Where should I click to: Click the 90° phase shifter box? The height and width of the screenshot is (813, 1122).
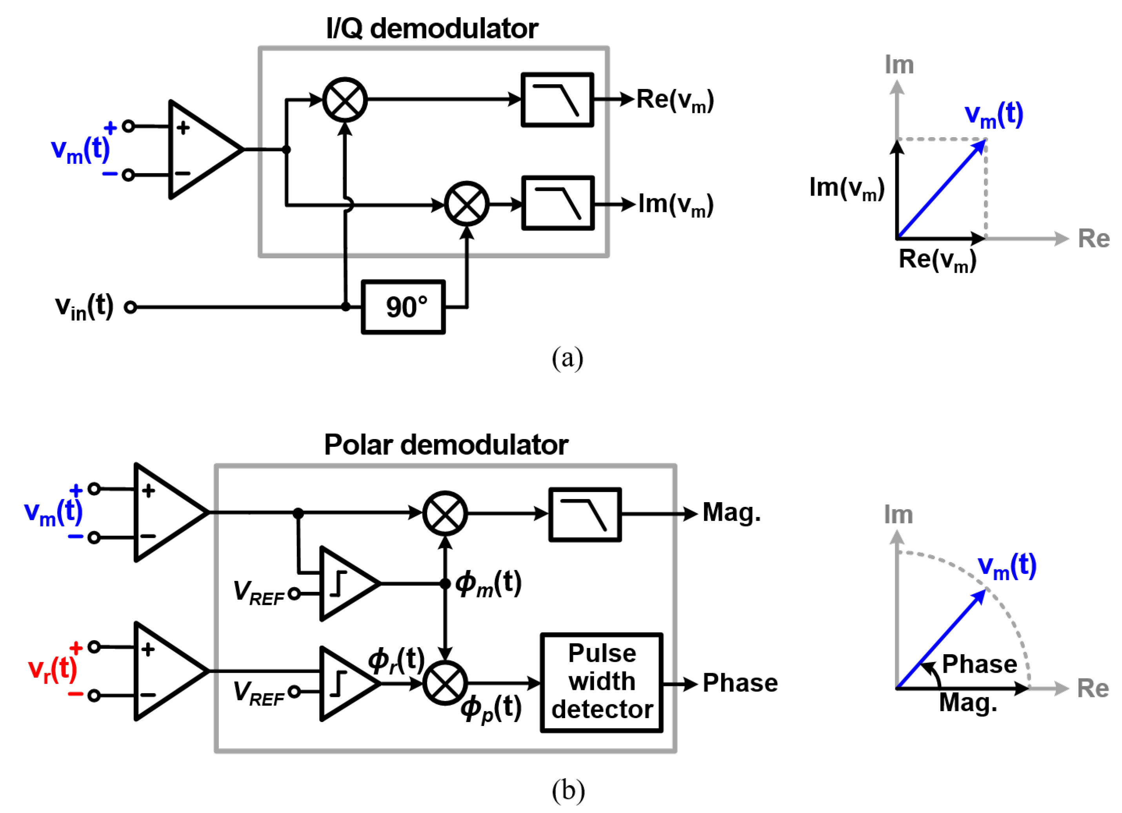coord(403,307)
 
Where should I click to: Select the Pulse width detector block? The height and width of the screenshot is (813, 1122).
coord(602,682)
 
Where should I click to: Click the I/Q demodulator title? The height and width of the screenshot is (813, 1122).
coord(432,29)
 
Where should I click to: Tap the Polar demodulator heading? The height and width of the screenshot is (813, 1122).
coord(446,445)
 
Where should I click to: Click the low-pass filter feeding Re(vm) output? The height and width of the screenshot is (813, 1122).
coord(557,100)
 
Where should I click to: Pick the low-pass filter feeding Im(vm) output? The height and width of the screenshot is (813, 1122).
coord(558,203)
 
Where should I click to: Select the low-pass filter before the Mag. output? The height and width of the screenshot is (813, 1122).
coord(585,515)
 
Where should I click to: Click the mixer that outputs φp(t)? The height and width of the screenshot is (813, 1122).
coord(445,683)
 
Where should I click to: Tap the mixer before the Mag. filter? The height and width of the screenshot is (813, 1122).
coord(445,513)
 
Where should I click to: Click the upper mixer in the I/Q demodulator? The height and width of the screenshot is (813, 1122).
coord(345,100)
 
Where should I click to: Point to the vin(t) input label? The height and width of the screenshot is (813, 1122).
coord(84,307)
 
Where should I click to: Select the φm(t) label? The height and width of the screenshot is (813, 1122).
coord(488,584)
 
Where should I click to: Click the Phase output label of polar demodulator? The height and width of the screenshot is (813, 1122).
coord(740,683)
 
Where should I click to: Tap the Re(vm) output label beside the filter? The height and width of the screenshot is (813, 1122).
coord(675,100)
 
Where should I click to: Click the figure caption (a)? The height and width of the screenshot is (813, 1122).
coord(567,358)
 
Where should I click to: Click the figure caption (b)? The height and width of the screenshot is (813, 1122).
coord(568,790)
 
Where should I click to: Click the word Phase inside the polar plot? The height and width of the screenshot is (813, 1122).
coord(979,664)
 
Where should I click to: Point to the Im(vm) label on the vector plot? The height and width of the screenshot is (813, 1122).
coord(846,189)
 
